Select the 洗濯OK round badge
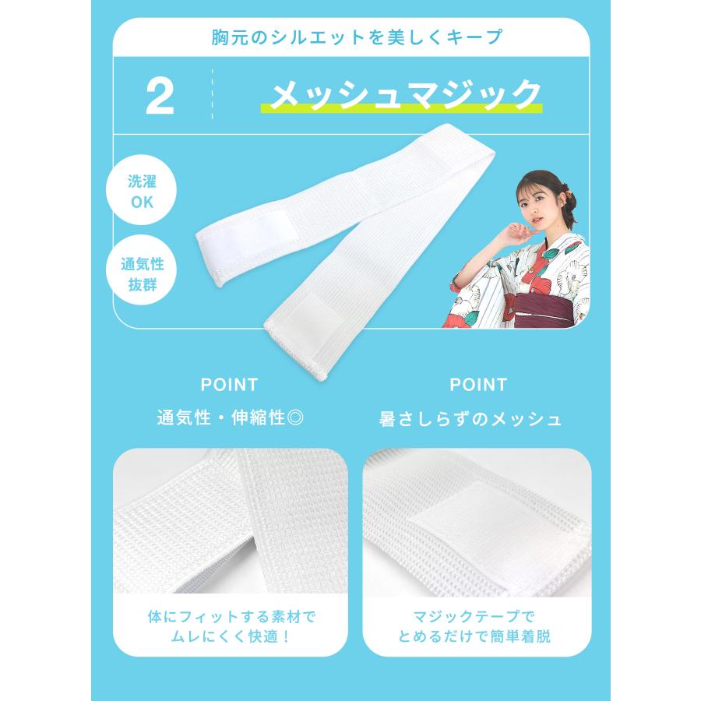[x=142, y=192]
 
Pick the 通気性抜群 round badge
[x=142, y=274]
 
